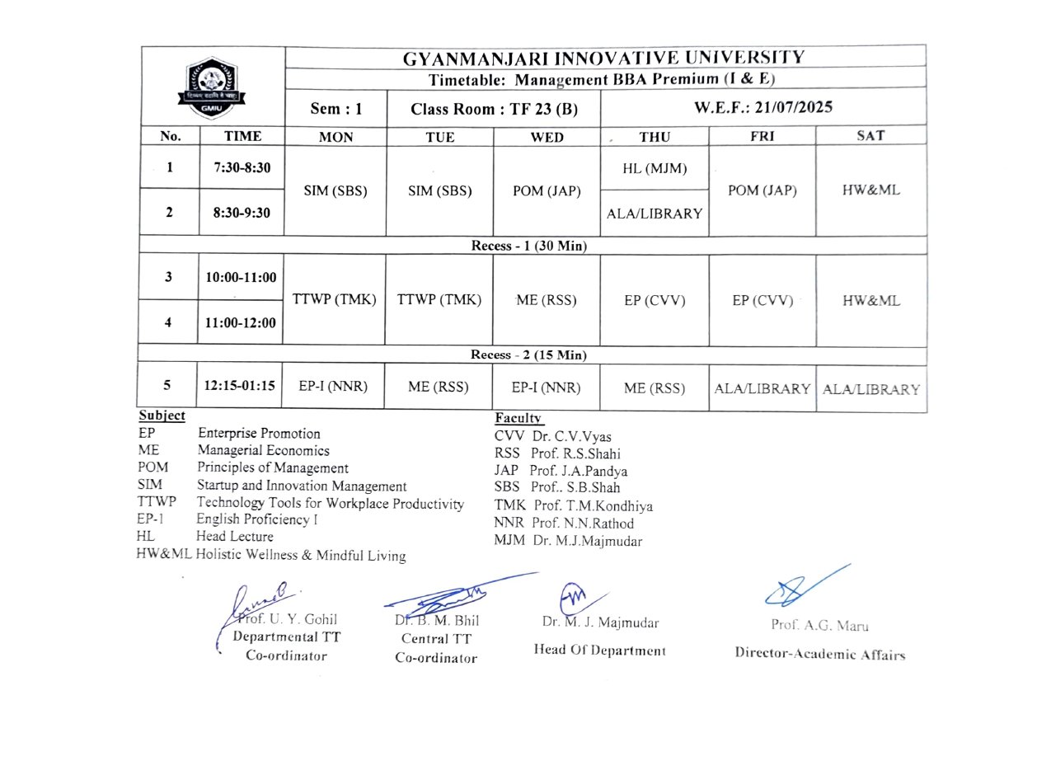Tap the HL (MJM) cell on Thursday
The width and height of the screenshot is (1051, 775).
[x=655, y=169]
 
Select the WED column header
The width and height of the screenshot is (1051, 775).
[x=547, y=137]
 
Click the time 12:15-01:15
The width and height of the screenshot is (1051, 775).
[x=240, y=386]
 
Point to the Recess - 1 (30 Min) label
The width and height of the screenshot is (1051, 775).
[x=528, y=246]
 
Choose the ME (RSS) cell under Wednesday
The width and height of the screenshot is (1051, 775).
[x=546, y=300]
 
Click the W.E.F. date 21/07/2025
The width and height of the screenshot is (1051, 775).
[x=762, y=107]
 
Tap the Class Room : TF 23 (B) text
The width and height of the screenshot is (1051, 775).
[x=494, y=109]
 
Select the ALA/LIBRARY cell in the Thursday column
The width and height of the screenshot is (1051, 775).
[x=655, y=214]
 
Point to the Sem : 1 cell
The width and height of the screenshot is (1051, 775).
[x=335, y=109]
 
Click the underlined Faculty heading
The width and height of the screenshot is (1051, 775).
[x=518, y=419]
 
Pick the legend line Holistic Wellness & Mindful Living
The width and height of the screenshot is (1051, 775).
[x=301, y=555]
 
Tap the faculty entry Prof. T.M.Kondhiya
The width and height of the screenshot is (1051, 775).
[x=593, y=505]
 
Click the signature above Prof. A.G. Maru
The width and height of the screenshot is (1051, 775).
[x=804, y=586]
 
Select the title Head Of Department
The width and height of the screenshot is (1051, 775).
[x=599, y=650]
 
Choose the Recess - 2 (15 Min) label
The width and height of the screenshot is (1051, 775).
[x=528, y=355]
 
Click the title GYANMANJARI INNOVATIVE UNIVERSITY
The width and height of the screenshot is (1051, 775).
[x=603, y=58]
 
